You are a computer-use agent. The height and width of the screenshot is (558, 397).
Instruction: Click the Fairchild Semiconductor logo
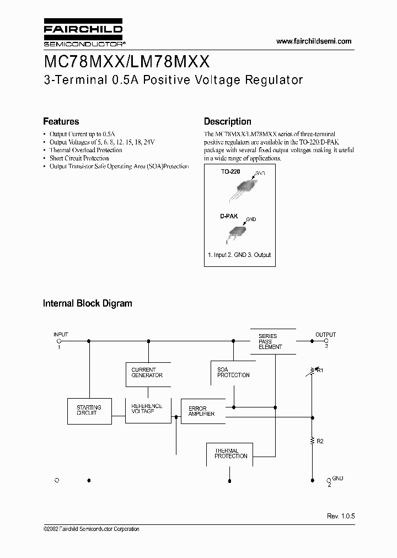coord(83,34)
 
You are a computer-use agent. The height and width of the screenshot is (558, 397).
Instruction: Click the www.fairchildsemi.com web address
coord(313,41)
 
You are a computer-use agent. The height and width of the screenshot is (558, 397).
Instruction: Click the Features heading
coord(61,121)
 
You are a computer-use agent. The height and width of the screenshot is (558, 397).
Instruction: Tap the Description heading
coord(227,121)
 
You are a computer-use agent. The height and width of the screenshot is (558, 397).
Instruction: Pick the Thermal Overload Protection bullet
coord(85,150)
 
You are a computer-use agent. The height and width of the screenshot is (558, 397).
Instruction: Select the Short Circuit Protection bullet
coord(79,158)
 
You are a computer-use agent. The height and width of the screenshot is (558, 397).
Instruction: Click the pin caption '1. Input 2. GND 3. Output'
coord(239,255)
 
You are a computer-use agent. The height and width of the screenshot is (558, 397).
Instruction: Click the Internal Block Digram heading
coord(88,303)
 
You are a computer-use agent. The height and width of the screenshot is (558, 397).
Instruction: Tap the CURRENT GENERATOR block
coord(148,373)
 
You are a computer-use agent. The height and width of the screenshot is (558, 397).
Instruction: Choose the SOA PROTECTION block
coord(233,372)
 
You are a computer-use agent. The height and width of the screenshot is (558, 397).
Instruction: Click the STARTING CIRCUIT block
coord(89,410)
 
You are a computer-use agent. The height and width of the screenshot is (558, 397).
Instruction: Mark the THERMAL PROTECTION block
coord(231,453)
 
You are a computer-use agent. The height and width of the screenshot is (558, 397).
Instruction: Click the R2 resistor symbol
coord(312,441)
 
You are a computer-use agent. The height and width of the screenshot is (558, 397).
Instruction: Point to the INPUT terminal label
coord(61,335)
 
